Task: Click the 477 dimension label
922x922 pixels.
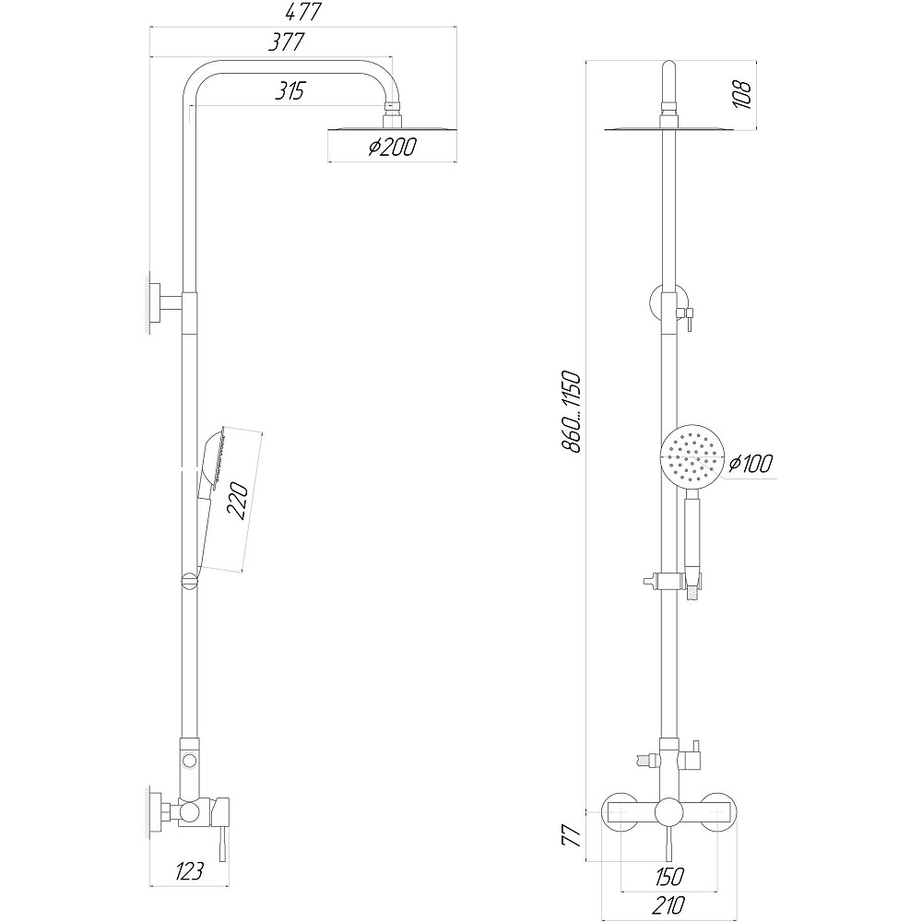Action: (302, 12)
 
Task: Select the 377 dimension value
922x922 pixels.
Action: (287, 42)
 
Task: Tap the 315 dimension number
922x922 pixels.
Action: (290, 91)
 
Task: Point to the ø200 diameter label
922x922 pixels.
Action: (392, 147)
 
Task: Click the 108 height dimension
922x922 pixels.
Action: (742, 94)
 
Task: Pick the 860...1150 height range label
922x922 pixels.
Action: (571, 411)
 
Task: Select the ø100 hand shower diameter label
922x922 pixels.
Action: (751, 464)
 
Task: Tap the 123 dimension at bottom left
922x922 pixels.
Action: (189, 871)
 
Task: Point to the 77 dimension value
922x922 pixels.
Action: (571, 834)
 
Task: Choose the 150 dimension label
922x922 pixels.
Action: (669, 876)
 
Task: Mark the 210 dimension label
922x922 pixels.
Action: (668, 904)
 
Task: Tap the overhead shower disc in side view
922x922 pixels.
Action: (391, 129)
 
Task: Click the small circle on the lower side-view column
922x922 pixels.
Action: (189, 761)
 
